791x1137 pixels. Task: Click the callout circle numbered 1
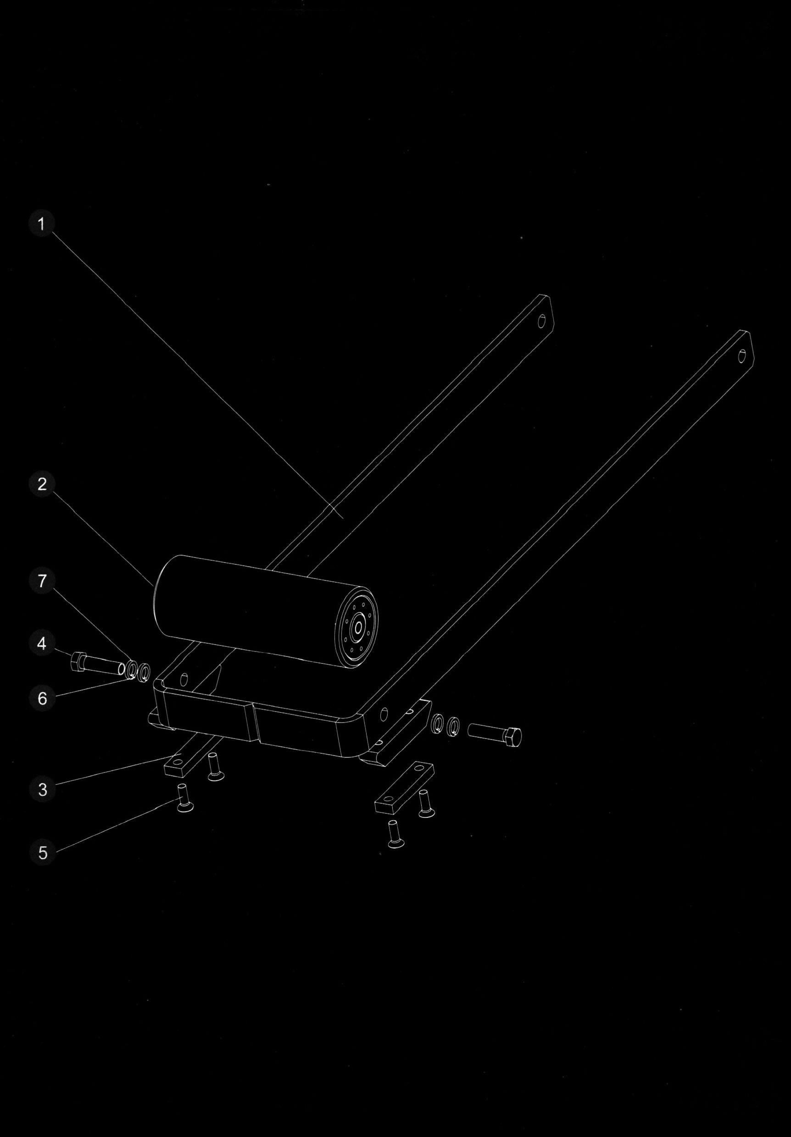[x=42, y=224]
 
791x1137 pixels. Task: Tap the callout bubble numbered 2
[x=42, y=484]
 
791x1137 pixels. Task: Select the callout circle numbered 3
[x=43, y=789]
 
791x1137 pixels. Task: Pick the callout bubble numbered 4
[x=42, y=643]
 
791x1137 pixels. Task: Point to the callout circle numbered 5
[x=43, y=853]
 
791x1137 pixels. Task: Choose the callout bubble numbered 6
[x=42, y=698]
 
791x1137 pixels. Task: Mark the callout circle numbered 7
[x=42, y=580]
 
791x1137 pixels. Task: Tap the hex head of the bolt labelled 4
[x=79, y=661]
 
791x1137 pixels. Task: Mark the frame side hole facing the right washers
[x=384, y=715]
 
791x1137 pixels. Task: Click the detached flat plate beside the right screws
[x=405, y=787]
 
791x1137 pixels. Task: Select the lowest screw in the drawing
[x=394, y=834]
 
